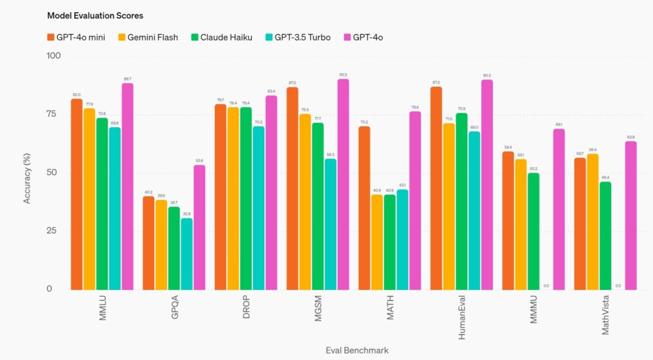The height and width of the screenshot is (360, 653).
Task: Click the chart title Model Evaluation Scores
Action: (95, 15)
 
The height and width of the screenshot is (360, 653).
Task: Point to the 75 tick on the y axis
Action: (52, 114)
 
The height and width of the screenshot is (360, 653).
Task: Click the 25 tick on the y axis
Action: (52, 231)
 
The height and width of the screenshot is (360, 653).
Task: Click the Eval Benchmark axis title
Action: (357, 351)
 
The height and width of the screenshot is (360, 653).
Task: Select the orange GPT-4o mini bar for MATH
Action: (364, 208)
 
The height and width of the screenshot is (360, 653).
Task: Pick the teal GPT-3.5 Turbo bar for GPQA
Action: (187, 254)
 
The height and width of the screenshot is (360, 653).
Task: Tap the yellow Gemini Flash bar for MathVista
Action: (593, 221)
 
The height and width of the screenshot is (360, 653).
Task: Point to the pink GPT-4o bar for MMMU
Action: (559, 209)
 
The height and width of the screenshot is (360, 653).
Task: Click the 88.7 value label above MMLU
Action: (127, 78)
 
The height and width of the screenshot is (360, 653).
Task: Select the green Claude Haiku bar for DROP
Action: (246, 198)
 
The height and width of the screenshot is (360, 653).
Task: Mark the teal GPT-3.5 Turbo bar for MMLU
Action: (115, 208)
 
